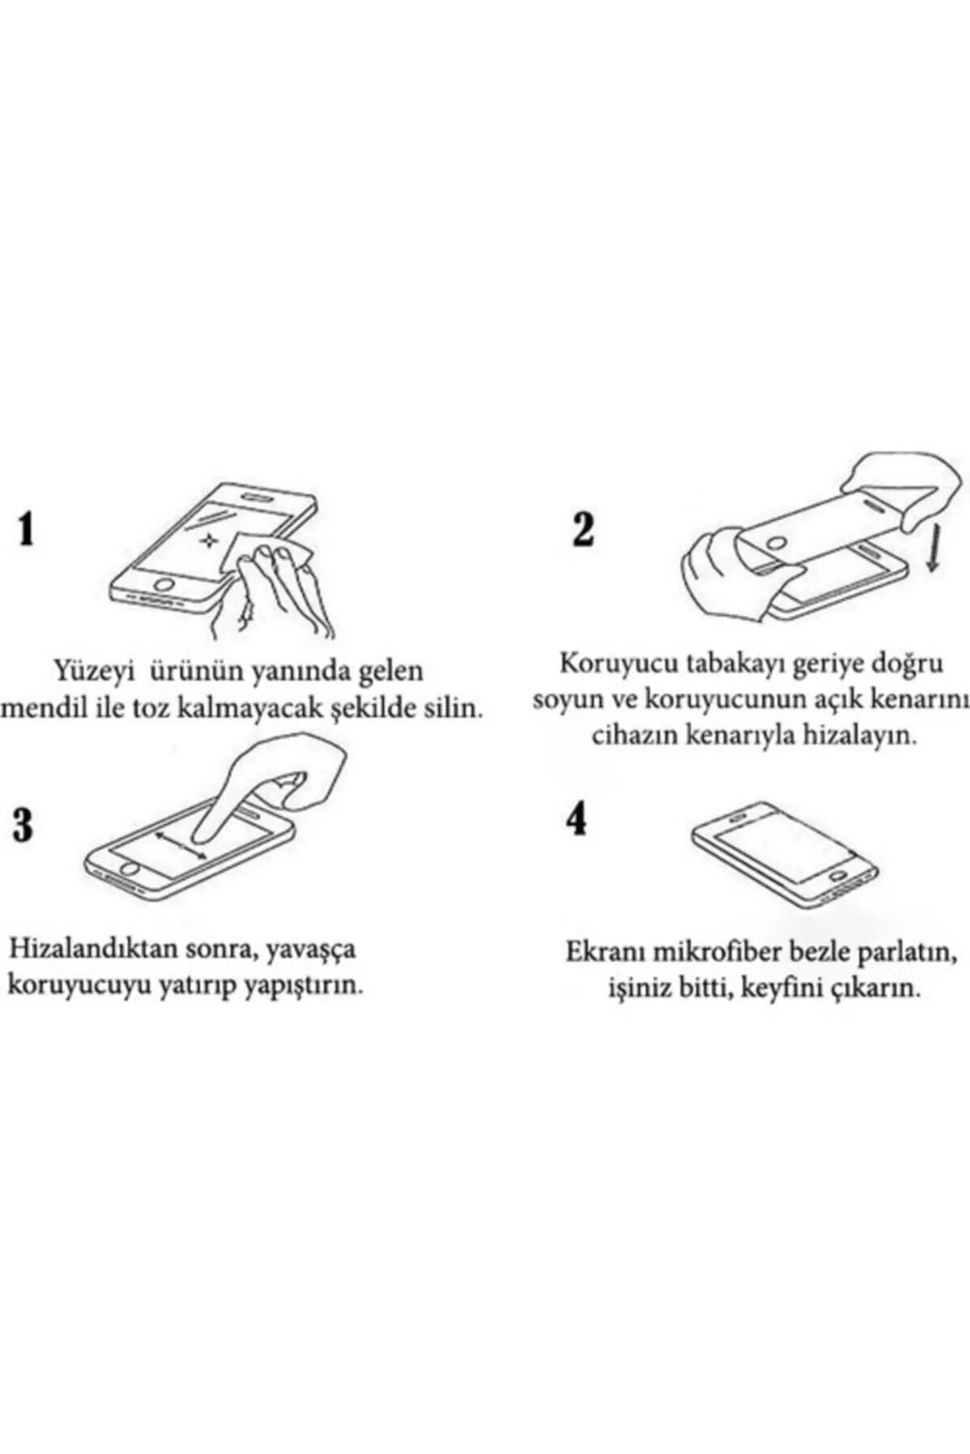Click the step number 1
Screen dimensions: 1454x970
coord(26,531)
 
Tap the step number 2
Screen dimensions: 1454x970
coord(583,530)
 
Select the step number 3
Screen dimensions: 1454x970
coord(23,825)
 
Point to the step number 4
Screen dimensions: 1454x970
coord(576,819)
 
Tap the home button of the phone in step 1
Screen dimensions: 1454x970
coord(166,582)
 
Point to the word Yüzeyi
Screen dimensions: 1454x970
coord(94,671)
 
